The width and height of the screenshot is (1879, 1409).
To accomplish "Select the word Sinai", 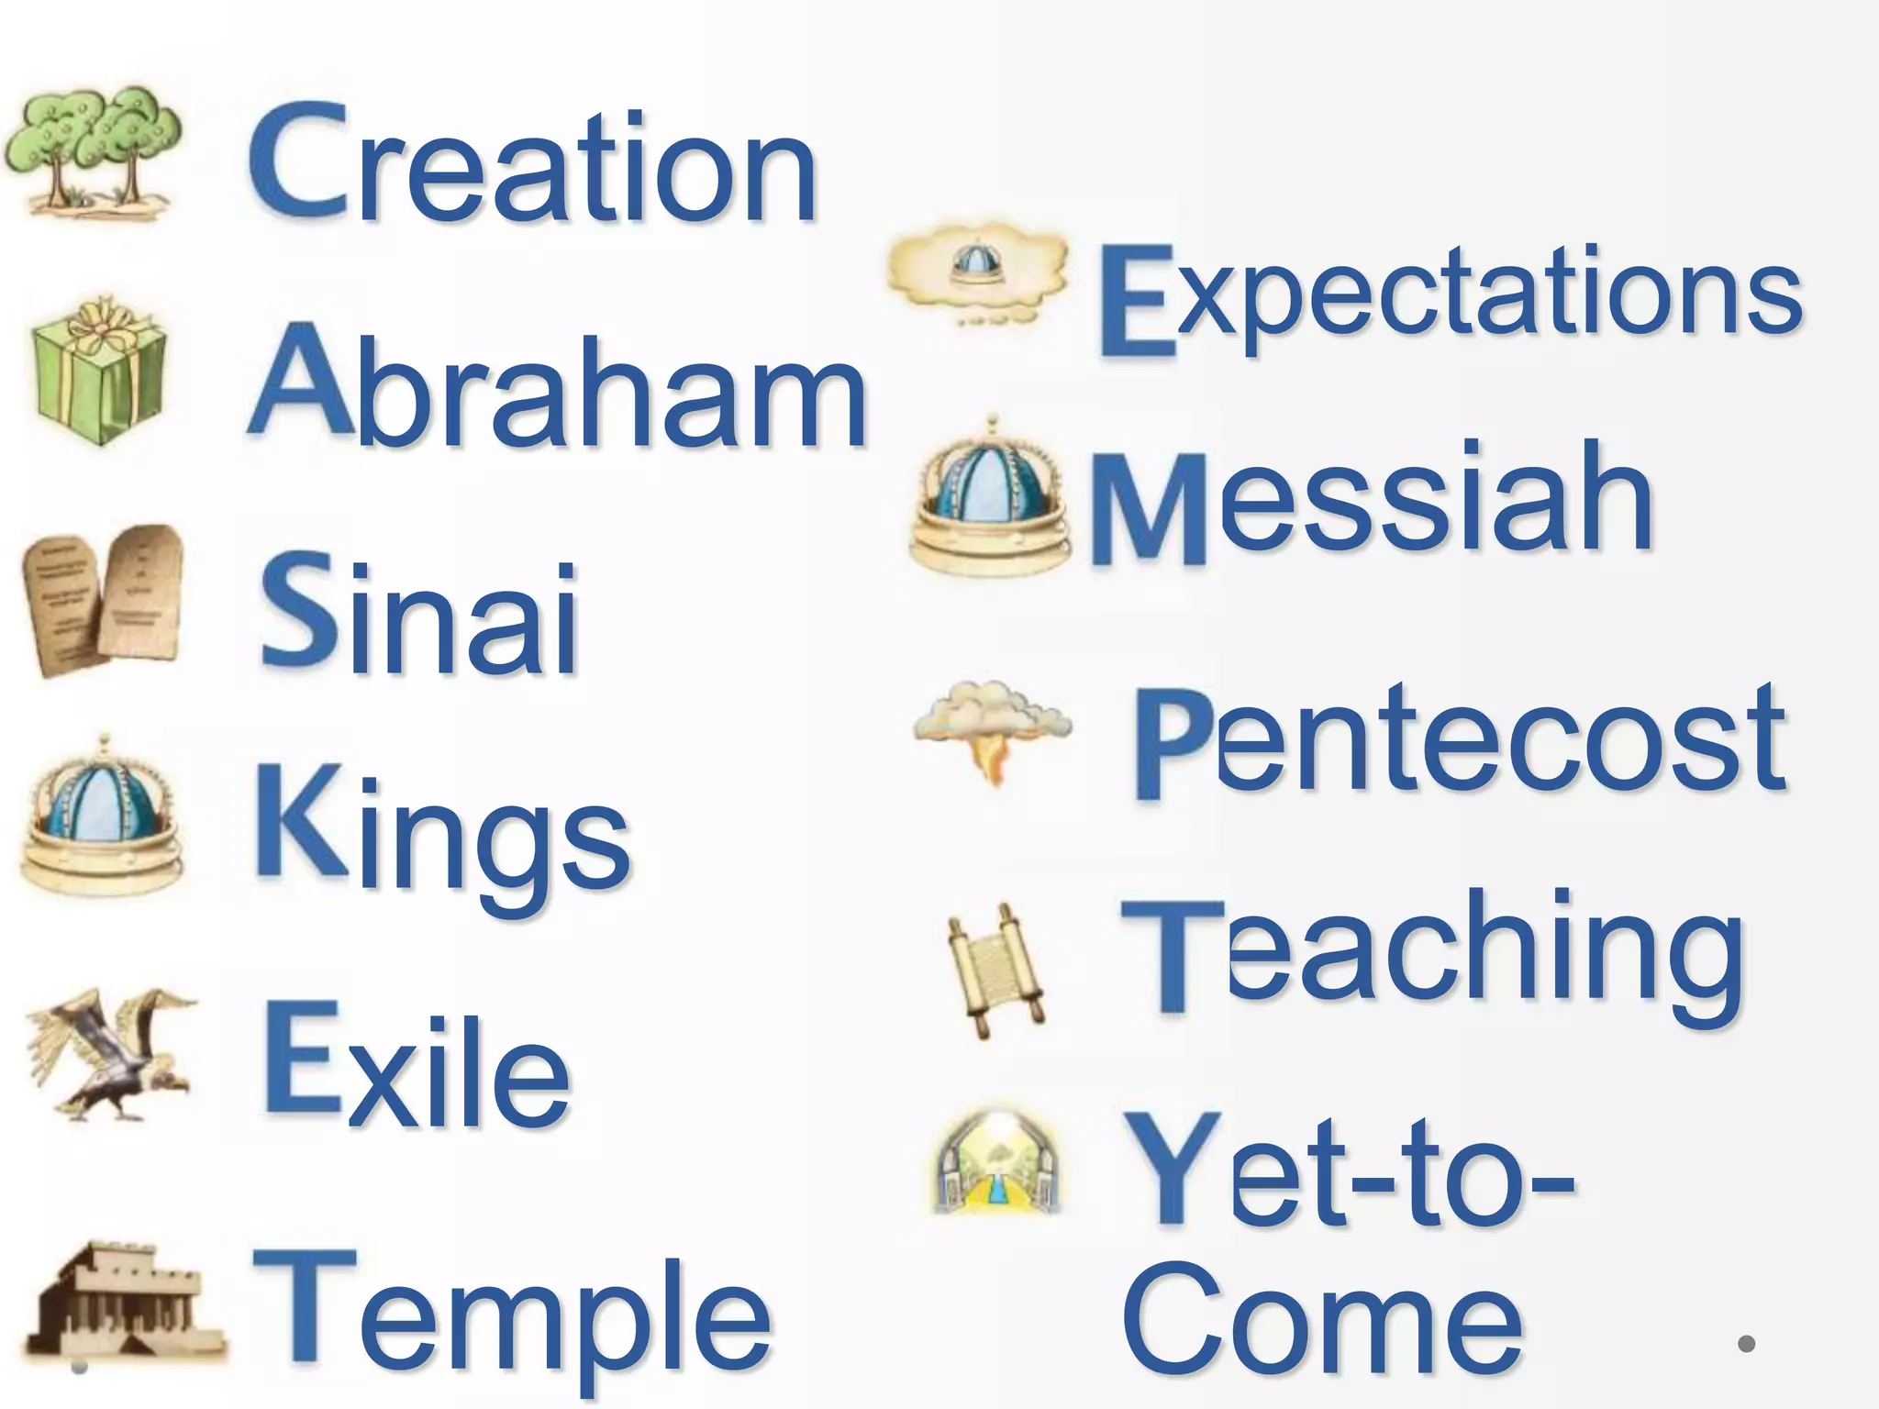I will coord(418,609).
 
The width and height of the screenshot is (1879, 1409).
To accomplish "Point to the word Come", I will coord(1321,1321).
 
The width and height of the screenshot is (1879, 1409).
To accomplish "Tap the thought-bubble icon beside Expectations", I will coord(978,271).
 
